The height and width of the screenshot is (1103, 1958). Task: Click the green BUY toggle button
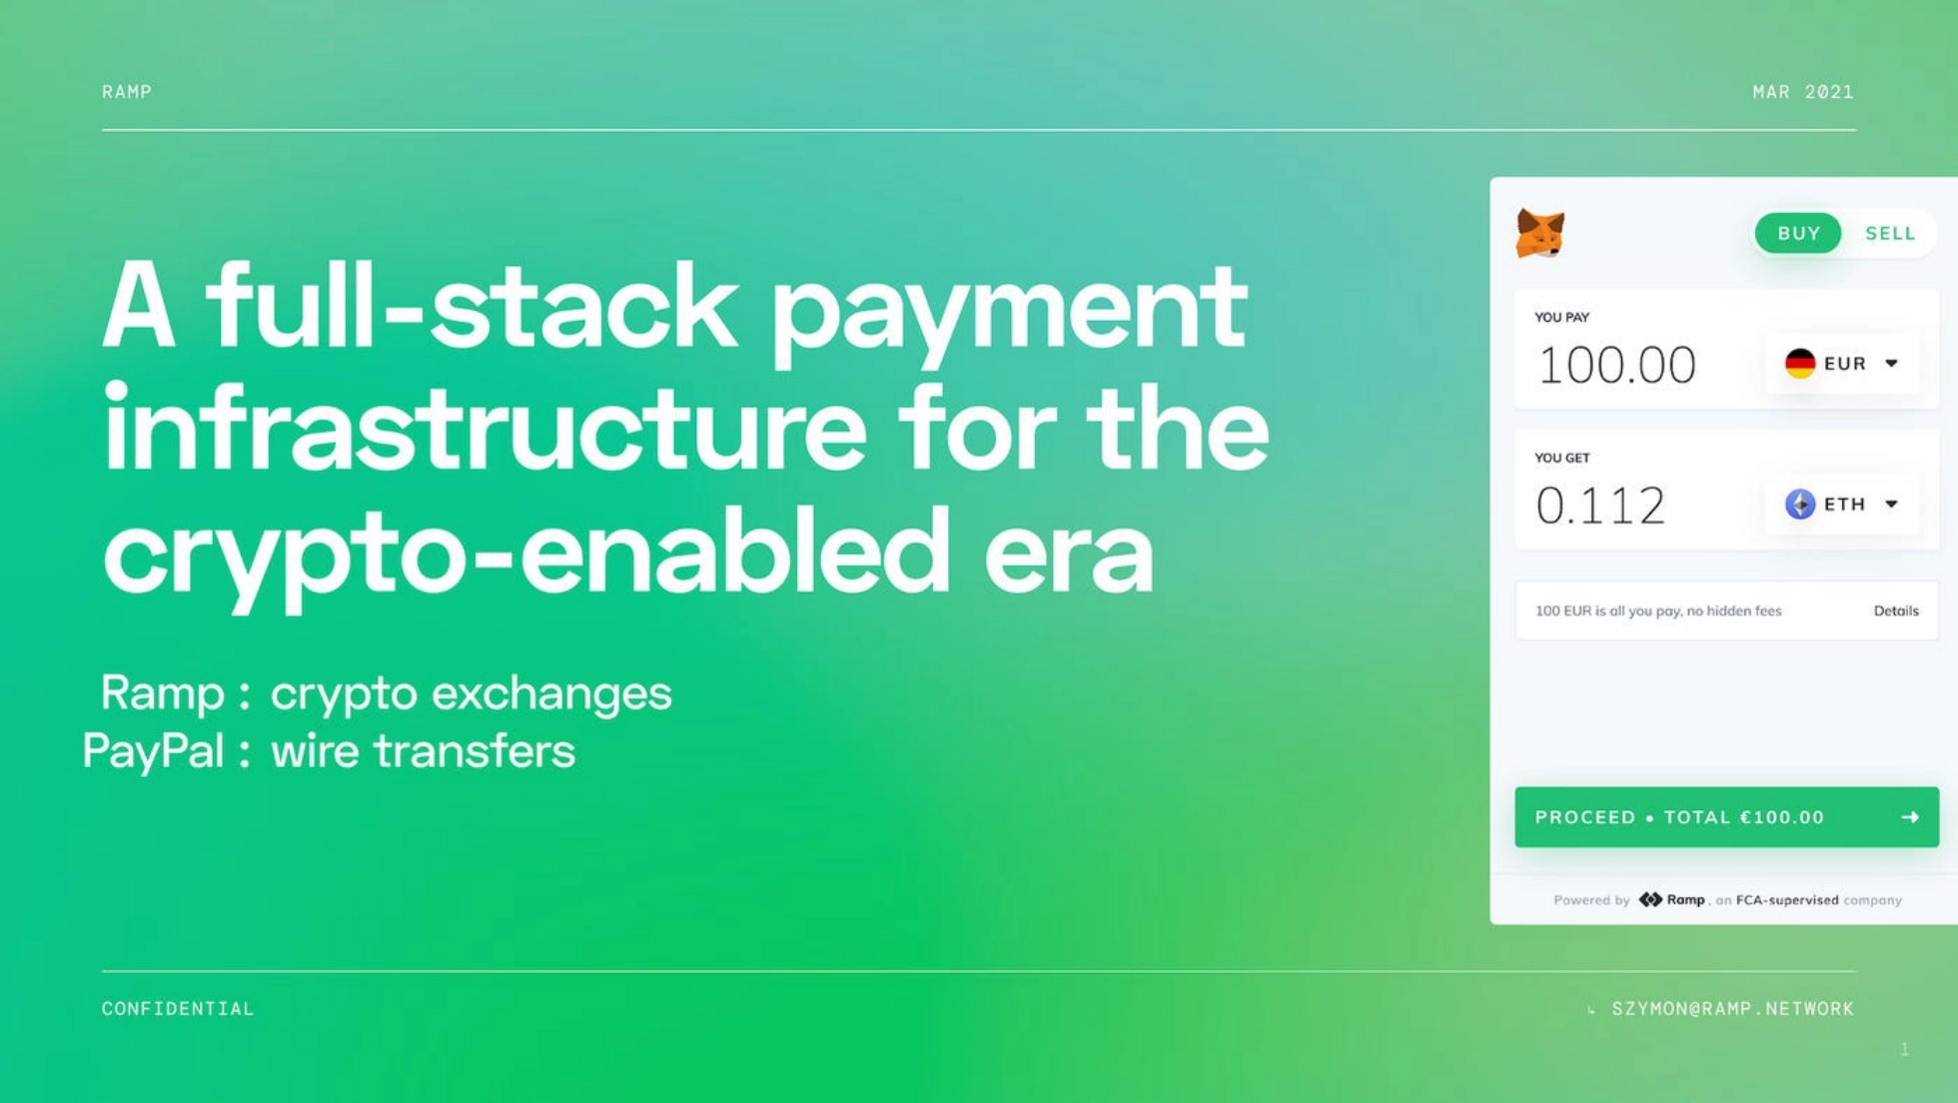pos(1797,233)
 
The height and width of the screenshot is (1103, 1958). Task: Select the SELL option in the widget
pos(1890,233)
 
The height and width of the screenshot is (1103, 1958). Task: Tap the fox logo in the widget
pos(1539,234)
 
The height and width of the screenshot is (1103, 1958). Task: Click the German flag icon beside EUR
pos(1800,364)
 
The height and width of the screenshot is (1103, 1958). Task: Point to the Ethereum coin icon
pos(1800,505)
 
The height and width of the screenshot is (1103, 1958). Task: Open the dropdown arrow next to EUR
pos(1891,364)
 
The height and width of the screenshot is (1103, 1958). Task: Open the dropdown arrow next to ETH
pos(1891,505)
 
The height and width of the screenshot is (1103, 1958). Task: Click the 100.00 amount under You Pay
pos(1616,365)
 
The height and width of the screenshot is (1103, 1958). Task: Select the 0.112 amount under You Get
pos(1600,506)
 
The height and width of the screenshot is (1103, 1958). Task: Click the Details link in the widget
pos(1896,610)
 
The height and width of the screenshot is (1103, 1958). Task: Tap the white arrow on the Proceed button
pos(1910,817)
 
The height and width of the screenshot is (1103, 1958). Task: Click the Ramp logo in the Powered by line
pos(1672,899)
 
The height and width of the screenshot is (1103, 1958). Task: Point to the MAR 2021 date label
pos(1803,92)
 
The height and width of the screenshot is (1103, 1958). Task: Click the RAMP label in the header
pos(127,92)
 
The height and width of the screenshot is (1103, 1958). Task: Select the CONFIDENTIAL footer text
pos(178,1009)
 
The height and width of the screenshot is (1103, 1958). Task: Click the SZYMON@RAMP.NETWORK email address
pos(1732,1009)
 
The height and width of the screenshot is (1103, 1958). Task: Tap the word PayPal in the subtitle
pos(153,752)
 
